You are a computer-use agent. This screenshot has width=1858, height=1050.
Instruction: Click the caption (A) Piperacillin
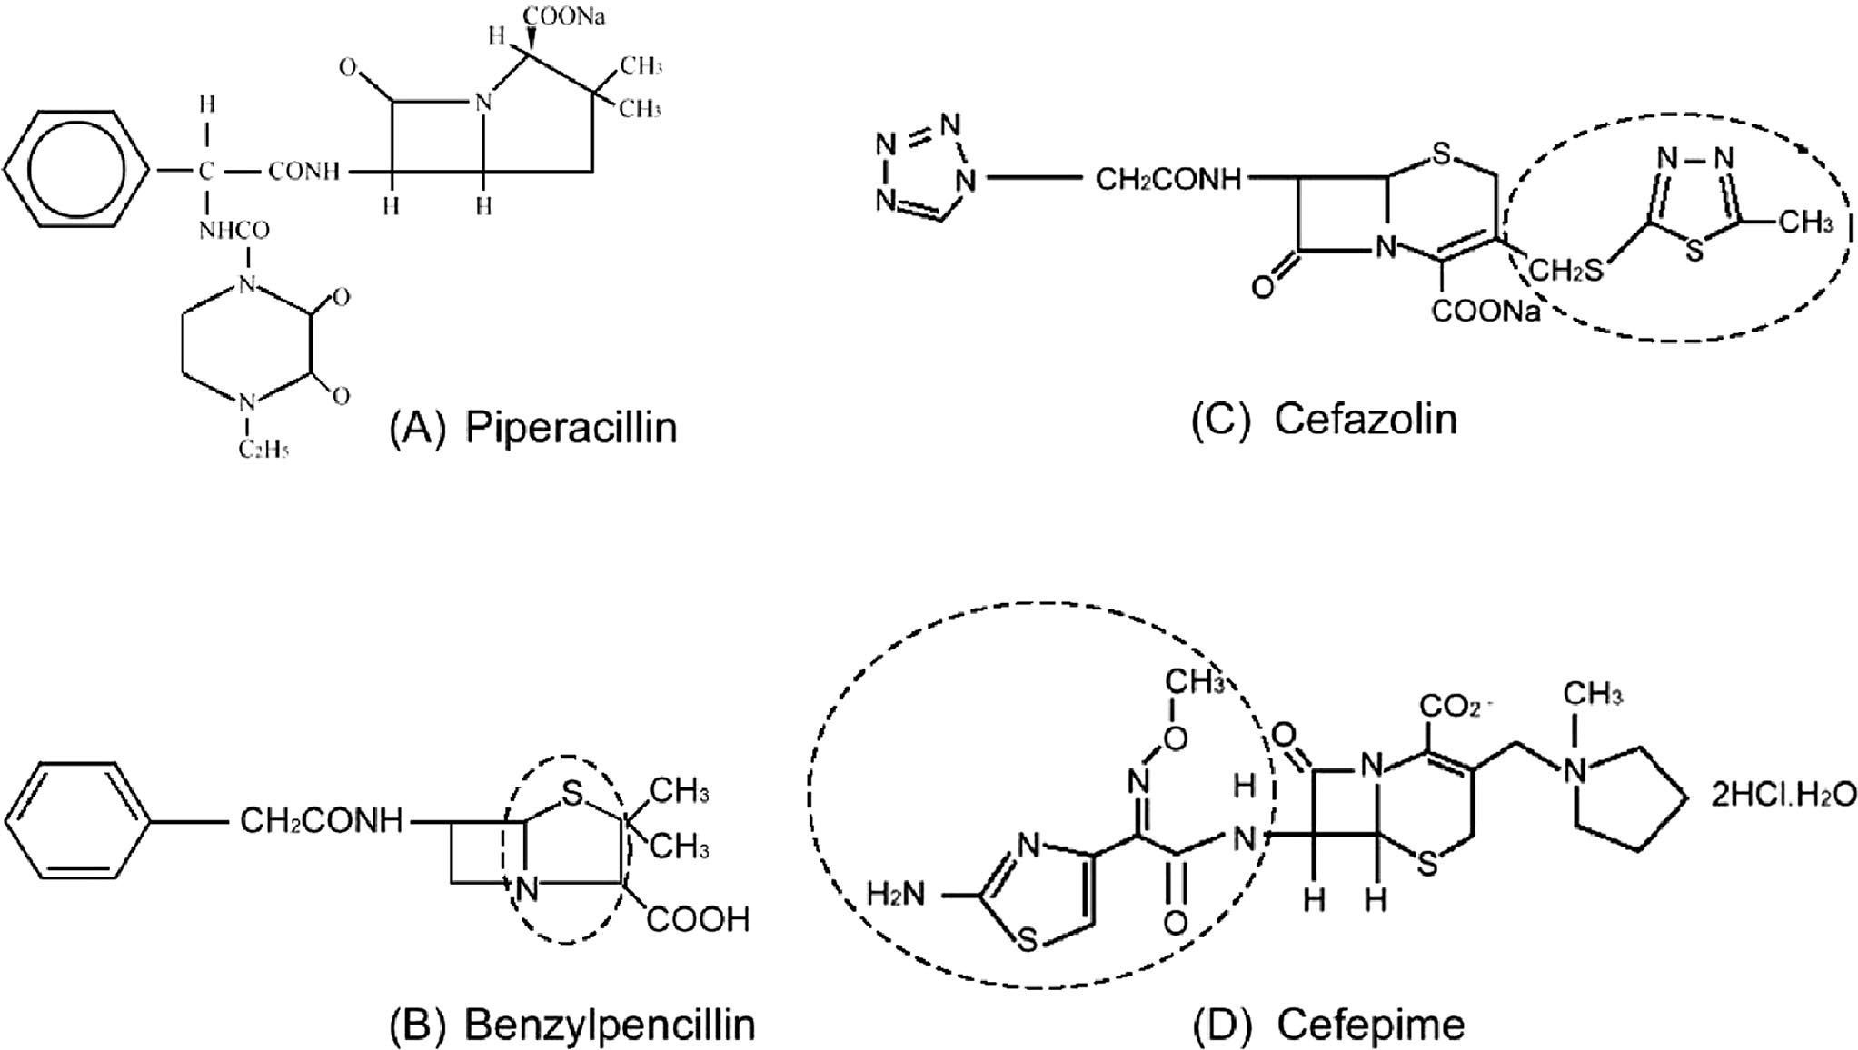[533, 427]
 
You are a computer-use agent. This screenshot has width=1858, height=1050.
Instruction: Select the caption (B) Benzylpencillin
[572, 1025]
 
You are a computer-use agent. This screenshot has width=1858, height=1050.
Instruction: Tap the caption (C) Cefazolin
[1324, 420]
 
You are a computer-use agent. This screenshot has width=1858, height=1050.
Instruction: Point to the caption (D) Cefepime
[1328, 1025]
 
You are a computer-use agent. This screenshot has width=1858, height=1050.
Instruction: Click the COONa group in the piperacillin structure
[564, 16]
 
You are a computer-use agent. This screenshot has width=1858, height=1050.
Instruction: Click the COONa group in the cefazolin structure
[1486, 312]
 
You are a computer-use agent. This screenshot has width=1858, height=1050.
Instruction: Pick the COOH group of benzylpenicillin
[698, 919]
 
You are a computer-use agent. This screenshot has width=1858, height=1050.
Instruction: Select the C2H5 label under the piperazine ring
[263, 449]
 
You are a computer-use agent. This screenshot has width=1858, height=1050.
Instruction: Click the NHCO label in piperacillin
[234, 231]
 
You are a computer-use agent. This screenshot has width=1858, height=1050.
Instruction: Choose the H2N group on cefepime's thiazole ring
[896, 894]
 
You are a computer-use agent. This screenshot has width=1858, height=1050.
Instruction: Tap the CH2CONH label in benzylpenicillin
[321, 821]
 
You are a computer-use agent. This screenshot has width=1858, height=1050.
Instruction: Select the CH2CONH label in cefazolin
[1168, 179]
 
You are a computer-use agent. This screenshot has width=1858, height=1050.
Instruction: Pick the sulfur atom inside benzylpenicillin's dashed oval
[571, 794]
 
